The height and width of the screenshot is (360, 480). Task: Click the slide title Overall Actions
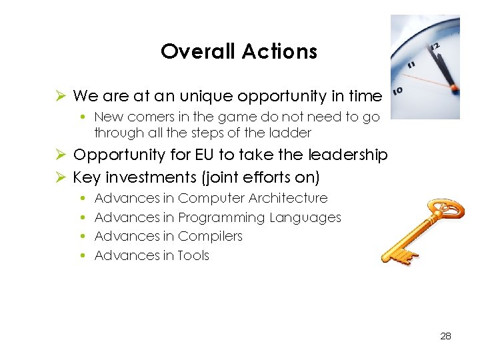tap(239, 51)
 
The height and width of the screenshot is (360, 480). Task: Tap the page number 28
tap(445, 336)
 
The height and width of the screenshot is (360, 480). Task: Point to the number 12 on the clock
tap(437, 47)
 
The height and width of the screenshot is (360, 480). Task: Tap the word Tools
tap(193, 255)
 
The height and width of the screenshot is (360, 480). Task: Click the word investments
tap(150, 177)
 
